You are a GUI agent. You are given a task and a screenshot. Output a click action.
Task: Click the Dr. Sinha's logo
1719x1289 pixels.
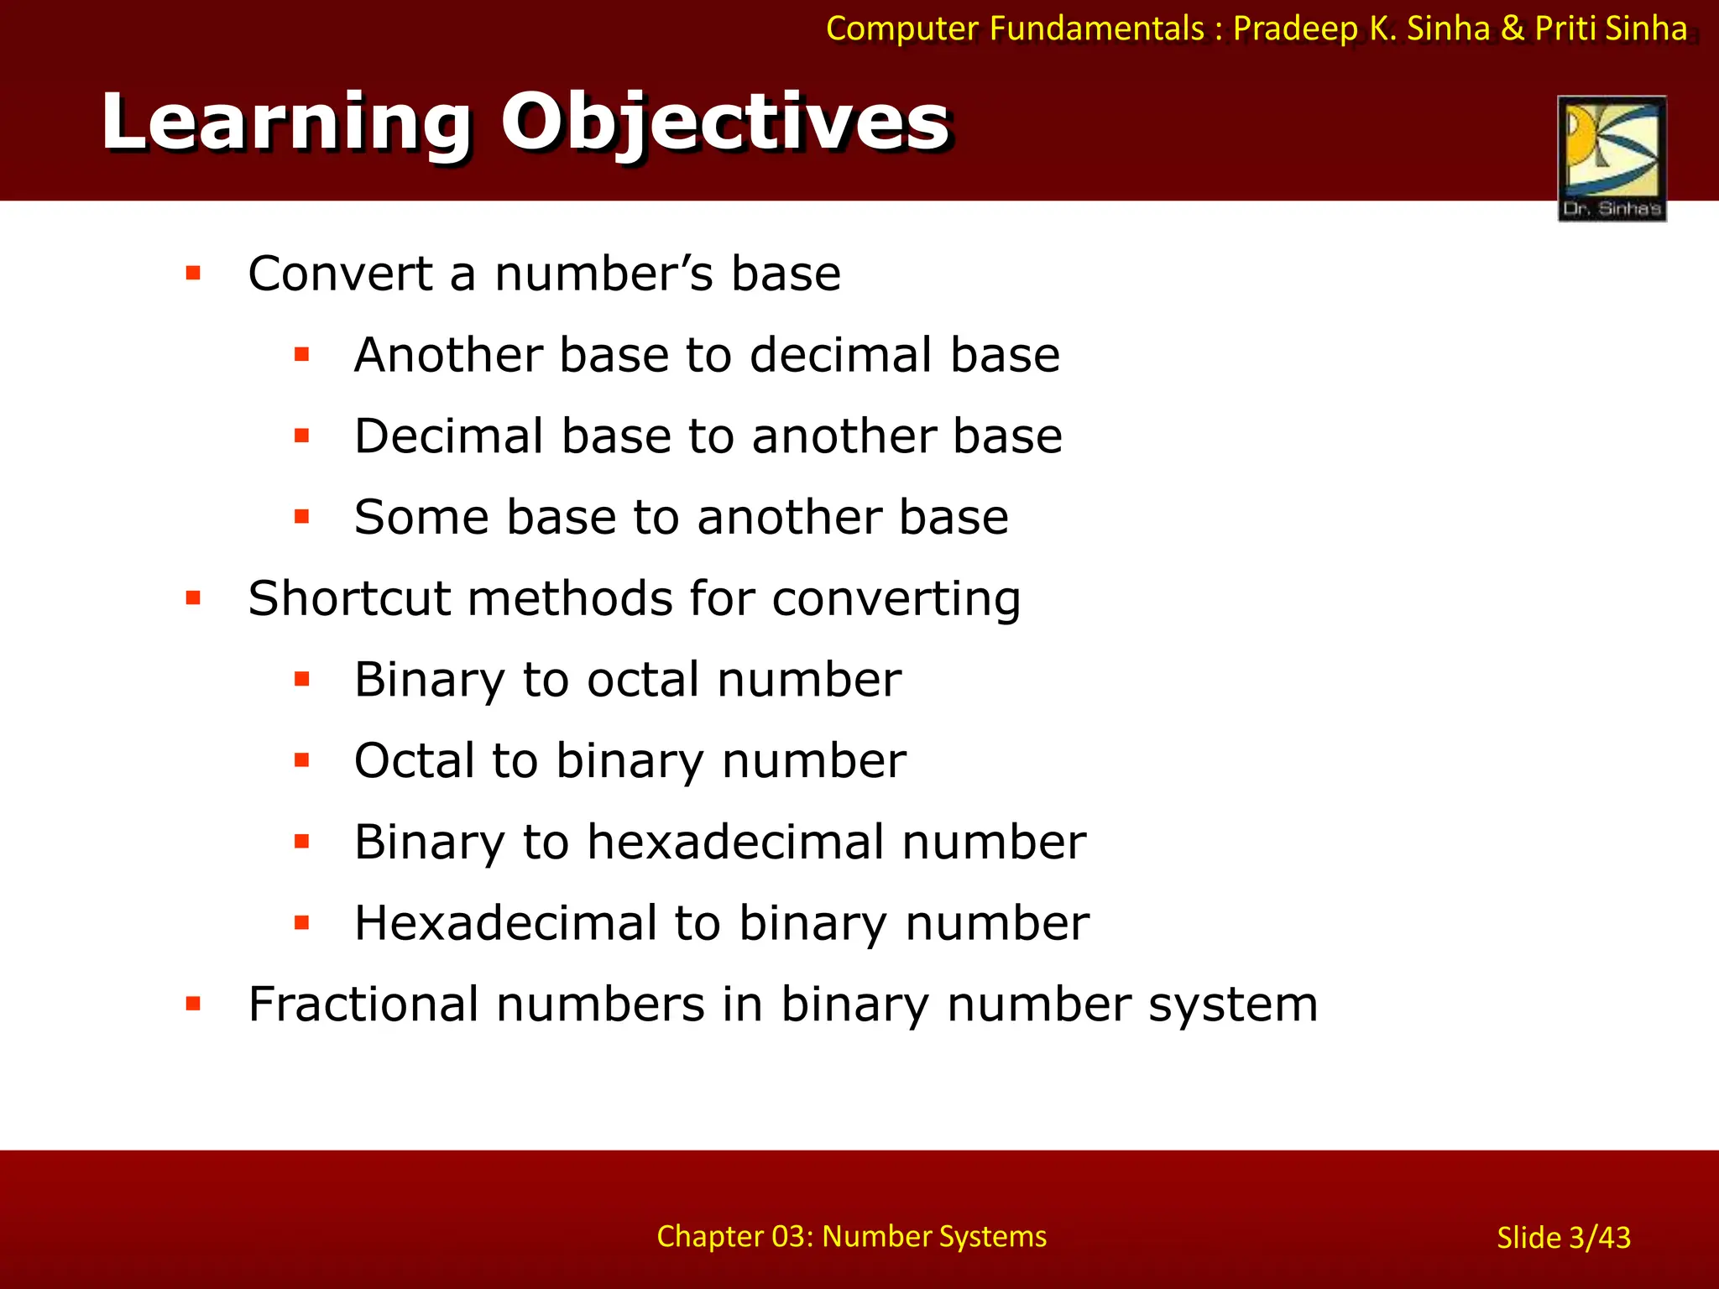coord(1612,159)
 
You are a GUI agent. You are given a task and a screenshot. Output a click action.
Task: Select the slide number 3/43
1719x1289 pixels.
coord(1564,1238)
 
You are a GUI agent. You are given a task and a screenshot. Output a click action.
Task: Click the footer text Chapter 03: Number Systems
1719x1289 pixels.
coord(851,1236)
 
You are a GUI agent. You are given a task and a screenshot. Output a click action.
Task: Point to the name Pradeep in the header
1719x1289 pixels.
coord(1295,29)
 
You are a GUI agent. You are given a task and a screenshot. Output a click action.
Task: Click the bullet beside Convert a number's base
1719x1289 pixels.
coord(194,274)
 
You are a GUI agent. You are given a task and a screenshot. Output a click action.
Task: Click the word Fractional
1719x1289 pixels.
coord(363,1005)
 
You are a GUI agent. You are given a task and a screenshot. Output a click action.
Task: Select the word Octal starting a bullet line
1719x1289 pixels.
coord(415,761)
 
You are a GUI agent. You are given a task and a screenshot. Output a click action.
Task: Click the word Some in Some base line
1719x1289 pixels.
coord(421,517)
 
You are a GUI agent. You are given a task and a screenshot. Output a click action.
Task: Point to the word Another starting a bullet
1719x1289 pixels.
coord(448,355)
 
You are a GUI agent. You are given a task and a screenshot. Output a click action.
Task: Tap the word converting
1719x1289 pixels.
coord(896,600)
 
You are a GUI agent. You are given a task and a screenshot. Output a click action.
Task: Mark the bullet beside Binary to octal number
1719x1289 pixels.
coord(302,679)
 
